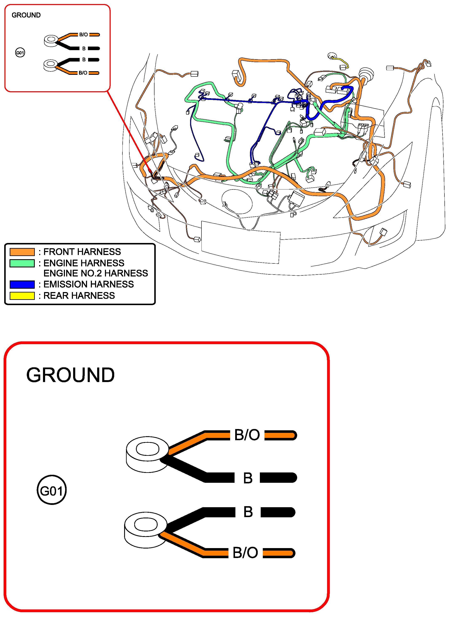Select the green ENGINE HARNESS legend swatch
(22, 263)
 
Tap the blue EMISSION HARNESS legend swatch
(22, 284)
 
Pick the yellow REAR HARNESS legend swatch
(22, 296)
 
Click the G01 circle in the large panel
(51, 491)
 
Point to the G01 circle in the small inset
(20, 52)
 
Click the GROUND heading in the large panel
(70, 375)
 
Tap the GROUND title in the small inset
(26, 15)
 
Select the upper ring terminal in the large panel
(147, 454)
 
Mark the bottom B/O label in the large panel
(245, 553)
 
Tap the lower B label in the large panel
(248, 512)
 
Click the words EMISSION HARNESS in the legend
(89, 284)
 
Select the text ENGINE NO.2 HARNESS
(95, 273)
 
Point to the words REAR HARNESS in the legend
(79, 296)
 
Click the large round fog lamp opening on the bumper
(237, 202)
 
